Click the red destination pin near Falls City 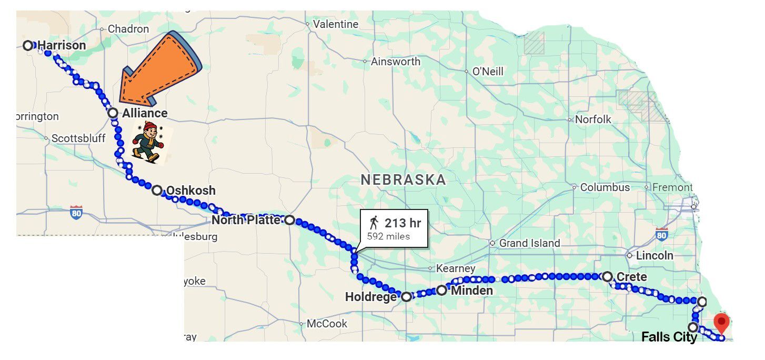coord(721,321)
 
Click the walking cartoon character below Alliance coord(147,142)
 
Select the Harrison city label coord(62,45)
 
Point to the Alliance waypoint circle coord(113,113)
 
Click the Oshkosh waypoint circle coord(157,191)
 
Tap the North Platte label coord(246,220)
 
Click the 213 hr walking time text coord(402,223)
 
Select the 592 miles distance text coord(388,236)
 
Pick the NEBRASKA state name coord(404,180)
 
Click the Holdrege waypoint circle coord(406,297)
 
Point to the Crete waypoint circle coord(607,276)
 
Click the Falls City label coord(669,337)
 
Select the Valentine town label coord(335,24)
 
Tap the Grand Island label coord(529,243)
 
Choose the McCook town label coord(327,323)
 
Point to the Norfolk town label coord(593,119)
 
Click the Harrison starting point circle coord(28,46)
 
